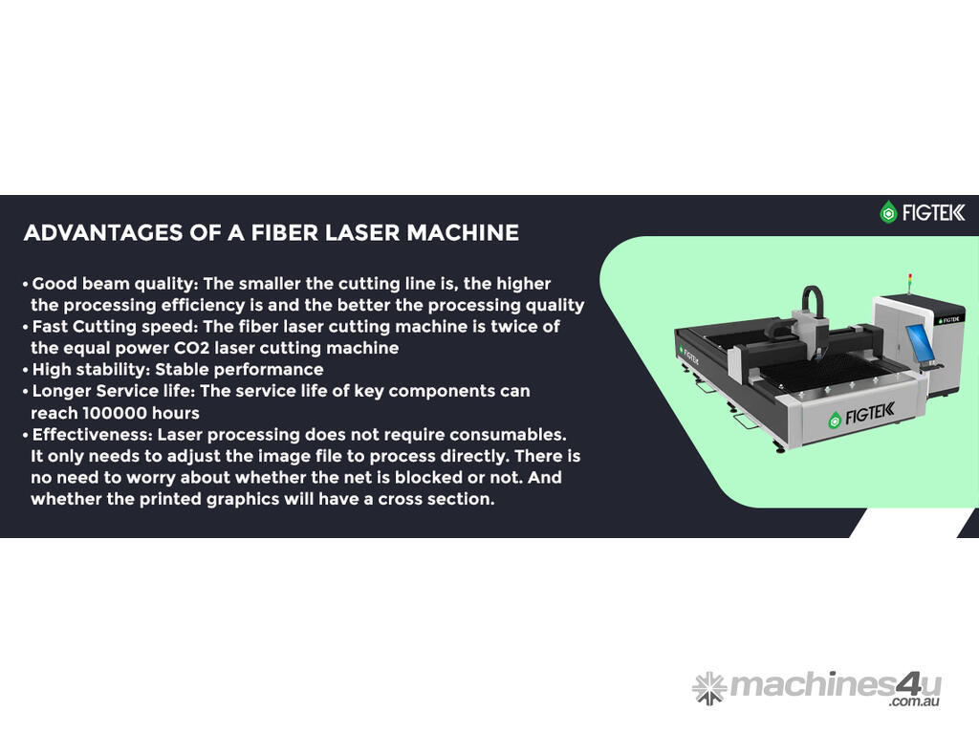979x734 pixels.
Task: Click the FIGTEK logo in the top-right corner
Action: point(923,213)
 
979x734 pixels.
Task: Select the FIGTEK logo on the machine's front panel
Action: point(861,415)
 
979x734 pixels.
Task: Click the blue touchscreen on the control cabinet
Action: point(920,343)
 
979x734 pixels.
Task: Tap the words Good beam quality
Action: point(113,285)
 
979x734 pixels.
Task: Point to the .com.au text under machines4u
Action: point(915,702)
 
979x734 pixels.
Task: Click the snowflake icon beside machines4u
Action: point(709,688)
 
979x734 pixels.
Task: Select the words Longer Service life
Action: point(113,391)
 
